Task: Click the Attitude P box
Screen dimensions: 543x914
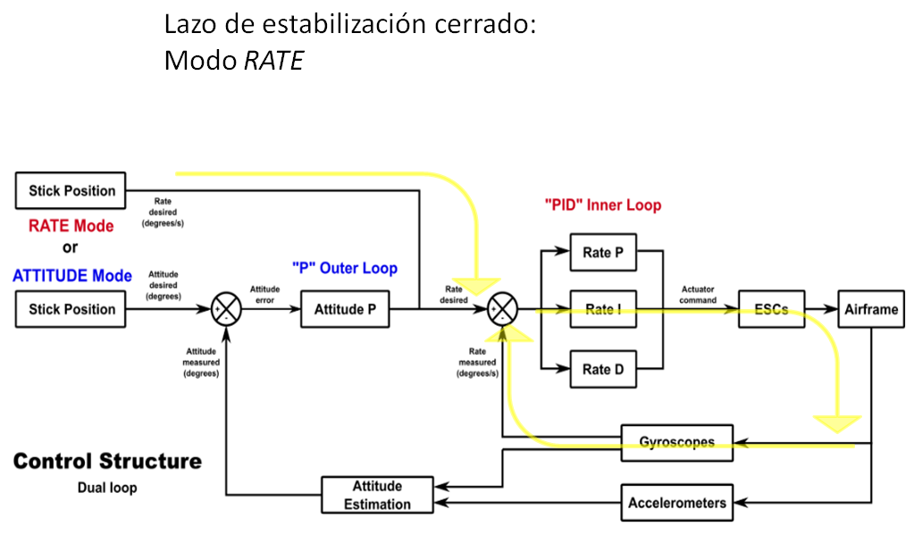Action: (345, 309)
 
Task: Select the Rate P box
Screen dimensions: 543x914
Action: (603, 253)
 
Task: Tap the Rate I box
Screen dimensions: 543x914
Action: (603, 309)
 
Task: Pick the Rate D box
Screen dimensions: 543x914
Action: (603, 369)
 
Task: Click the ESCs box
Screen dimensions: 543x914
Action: (771, 309)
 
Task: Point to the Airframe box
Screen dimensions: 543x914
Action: (870, 309)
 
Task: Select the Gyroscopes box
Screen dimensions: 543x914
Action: (677, 442)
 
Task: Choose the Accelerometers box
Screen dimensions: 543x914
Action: (677, 502)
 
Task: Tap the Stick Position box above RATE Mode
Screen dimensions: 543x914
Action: (71, 190)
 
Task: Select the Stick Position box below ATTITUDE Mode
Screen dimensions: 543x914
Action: (71, 309)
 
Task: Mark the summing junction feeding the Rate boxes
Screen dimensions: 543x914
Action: (503, 310)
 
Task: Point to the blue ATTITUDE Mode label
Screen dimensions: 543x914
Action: (72, 275)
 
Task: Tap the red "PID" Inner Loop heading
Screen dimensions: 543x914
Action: (603, 205)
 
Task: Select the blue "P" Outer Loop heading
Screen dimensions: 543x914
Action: (344, 268)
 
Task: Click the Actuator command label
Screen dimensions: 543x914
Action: (698, 295)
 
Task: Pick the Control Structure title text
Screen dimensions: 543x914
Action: (107, 462)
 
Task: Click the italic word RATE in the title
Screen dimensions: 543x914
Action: (274, 61)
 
